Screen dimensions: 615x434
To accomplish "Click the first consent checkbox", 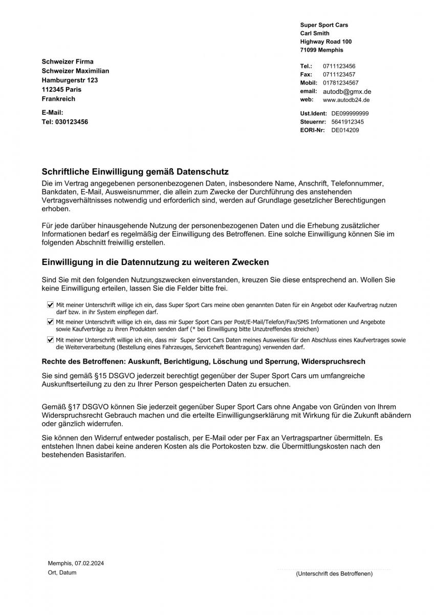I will pos(50,304).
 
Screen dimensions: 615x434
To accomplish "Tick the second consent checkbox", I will pos(50,322).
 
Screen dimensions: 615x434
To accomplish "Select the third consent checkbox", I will pos(50,339).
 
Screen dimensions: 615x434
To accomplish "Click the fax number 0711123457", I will pos(339,74).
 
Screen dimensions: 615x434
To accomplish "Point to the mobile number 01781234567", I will pos(340,83).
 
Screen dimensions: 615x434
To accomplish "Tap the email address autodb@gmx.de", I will pos(346,91).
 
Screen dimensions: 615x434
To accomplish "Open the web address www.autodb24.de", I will pos(346,100).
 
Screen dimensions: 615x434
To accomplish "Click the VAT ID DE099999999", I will pos(350,113).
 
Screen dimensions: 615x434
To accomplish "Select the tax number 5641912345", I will pos(348,122).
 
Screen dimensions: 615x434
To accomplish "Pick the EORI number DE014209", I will pos(345,130).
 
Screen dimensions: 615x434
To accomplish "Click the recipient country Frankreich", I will pos(58,99).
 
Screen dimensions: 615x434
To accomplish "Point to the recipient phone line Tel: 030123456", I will pos(64,122).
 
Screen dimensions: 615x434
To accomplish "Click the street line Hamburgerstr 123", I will pos(70,80).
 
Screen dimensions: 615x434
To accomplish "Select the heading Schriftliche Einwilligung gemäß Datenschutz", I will pos(135,172).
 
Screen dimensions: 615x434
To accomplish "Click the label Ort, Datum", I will pos(62,572).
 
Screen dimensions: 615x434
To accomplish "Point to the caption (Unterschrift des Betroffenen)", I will pos(334,573).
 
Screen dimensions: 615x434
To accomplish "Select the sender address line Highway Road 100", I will pos(326,42).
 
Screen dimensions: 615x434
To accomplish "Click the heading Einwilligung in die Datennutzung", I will pos(155,262).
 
